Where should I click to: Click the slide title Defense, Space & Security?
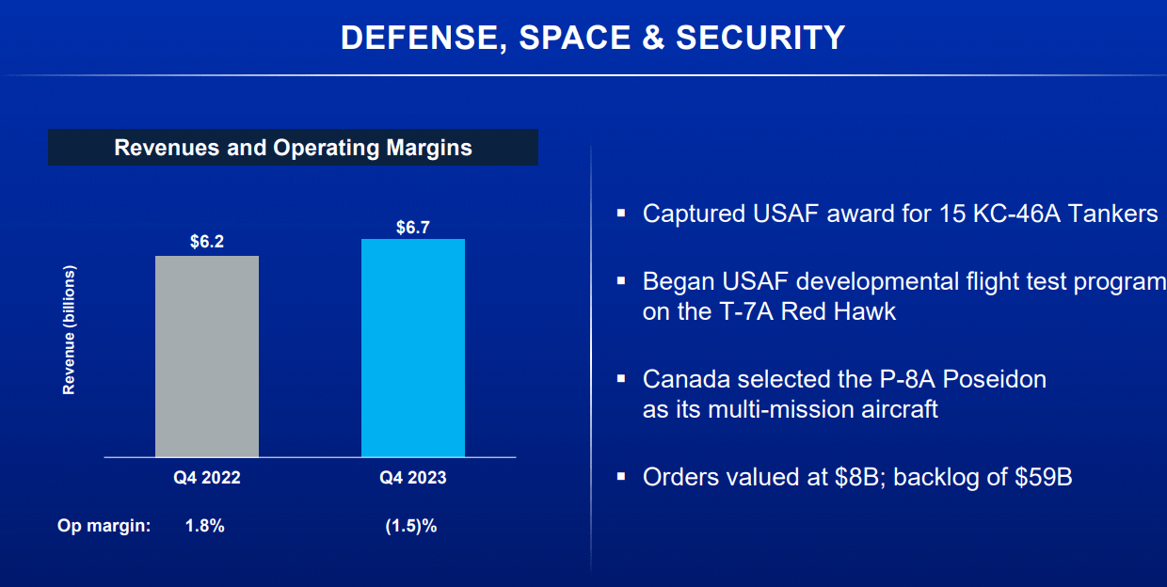point(593,38)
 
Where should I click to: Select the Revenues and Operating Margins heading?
point(293,148)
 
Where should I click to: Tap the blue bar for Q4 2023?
point(413,347)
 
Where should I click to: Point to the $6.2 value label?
point(207,242)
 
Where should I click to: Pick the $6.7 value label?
point(413,226)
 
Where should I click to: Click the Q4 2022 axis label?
point(207,478)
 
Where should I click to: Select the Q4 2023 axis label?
point(413,478)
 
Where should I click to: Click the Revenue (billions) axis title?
point(69,329)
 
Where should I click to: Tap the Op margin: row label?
point(104,526)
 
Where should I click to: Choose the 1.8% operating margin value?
point(205,526)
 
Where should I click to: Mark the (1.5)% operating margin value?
point(411,526)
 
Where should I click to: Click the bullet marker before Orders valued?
point(621,477)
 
